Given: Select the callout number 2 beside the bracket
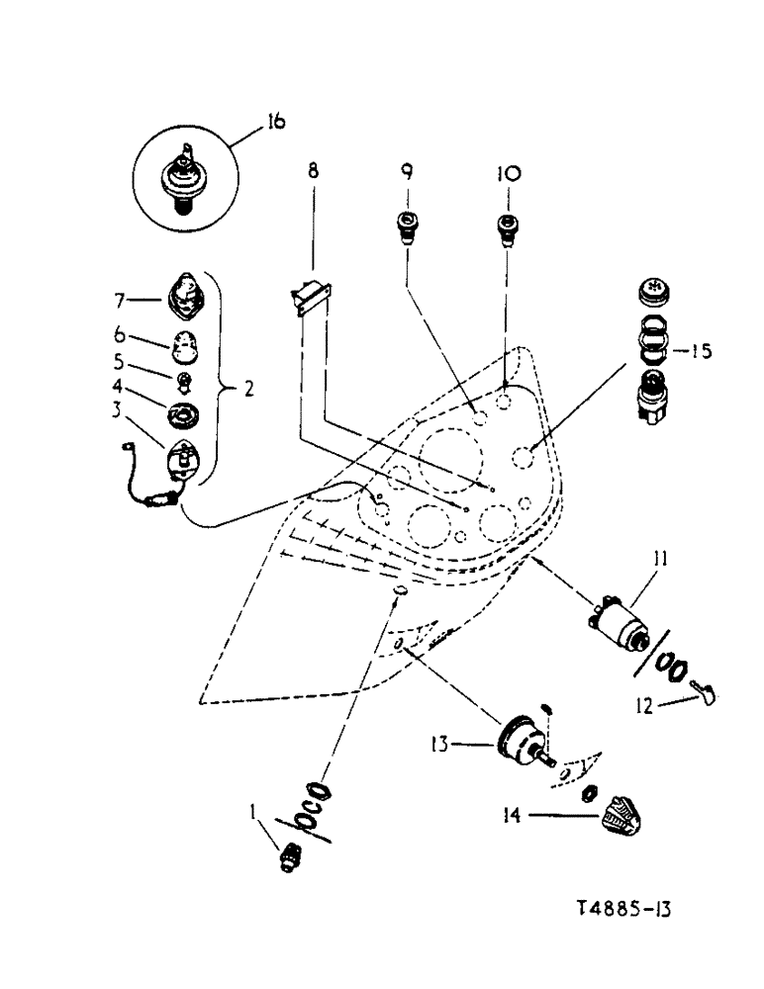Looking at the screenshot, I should tap(250, 388).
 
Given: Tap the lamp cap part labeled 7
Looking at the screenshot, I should tap(184, 295).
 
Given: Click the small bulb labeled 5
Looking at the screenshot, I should tap(184, 381).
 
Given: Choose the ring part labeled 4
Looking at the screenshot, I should tap(184, 412).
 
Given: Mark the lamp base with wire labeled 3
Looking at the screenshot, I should tap(180, 459).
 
